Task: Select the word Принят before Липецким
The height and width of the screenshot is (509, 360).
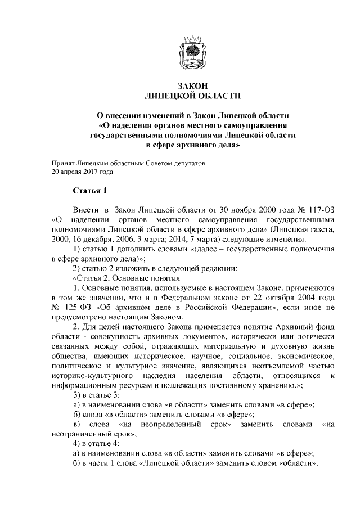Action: point(65,163)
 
